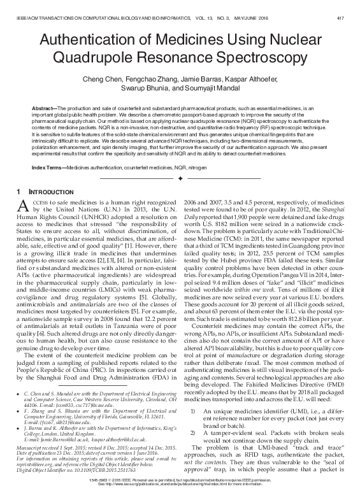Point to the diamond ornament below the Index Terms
coord(180,178)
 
